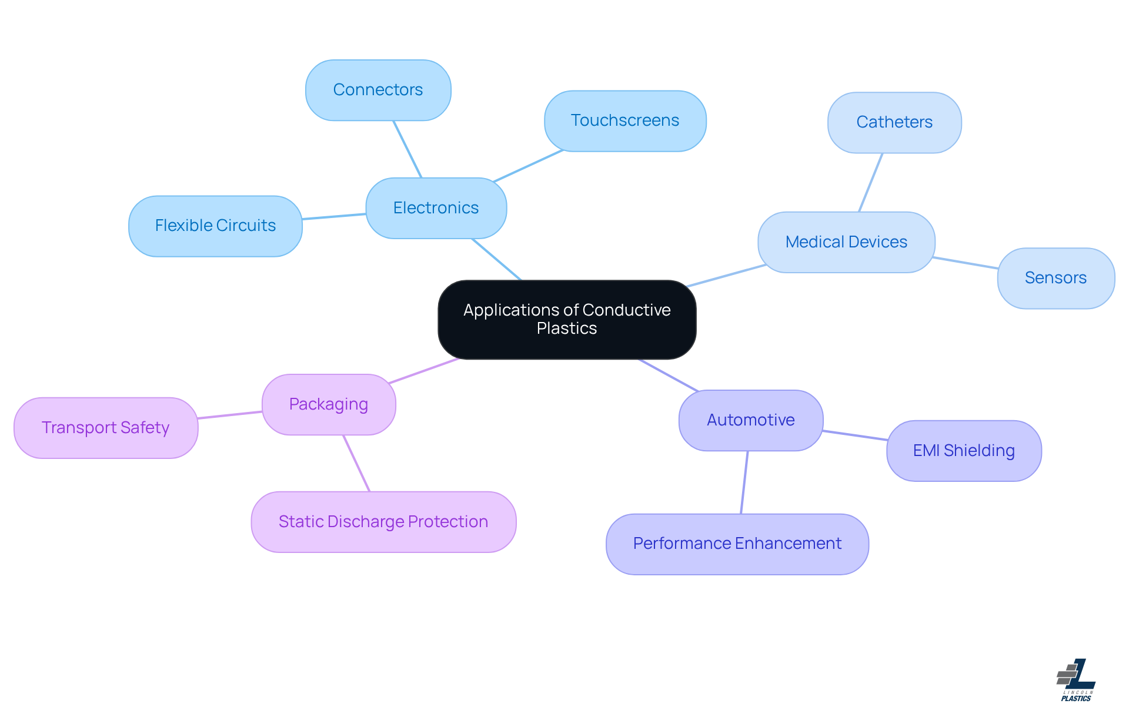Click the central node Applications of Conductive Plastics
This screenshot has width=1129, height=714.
[x=567, y=319]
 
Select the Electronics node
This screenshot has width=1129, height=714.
[x=436, y=208]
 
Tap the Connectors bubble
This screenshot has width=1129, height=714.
[x=378, y=90]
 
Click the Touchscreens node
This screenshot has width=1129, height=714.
[x=624, y=120]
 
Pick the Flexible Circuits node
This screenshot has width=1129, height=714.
[x=215, y=226]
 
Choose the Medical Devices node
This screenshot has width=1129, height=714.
[x=846, y=242]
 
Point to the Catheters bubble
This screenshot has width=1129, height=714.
[x=894, y=122]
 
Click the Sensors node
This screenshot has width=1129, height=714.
[x=1055, y=278]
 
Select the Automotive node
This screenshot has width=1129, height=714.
[x=750, y=420]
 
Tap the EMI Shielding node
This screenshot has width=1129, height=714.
[x=964, y=451]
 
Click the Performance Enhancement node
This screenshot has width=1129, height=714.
[x=737, y=544]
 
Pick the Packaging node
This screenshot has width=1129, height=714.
[x=329, y=404]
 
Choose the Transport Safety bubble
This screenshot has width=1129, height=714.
[x=106, y=428]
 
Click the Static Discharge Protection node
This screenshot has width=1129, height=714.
[x=383, y=522]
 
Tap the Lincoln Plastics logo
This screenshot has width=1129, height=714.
[x=1076, y=680]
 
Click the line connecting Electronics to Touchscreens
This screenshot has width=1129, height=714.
[x=528, y=166]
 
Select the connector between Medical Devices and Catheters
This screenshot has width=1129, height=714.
[x=871, y=182]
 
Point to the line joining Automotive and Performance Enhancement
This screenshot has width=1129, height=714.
[x=744, y=482]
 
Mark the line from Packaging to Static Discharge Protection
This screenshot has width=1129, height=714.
[x=356, y=463]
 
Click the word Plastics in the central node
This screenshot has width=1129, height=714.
[x=567, y=328]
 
